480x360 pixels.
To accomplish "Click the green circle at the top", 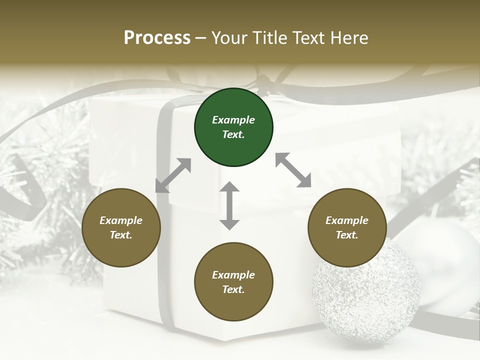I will (x=233, y=127).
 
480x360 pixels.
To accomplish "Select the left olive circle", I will (x=121, y=228).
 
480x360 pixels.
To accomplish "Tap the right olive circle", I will (x=347, y=228).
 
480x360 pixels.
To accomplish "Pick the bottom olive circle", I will (x=233, y=282).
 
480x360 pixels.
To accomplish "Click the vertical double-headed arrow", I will (x=229, y=205).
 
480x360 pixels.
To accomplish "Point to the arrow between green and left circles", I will (x=173, y=175).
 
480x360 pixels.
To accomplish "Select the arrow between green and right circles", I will (x=293, y=170).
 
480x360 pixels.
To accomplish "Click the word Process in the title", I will (x=157, y=38).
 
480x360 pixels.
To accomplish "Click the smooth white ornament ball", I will (x=445, y=250).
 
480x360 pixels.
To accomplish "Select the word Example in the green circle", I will (x=233, y=120).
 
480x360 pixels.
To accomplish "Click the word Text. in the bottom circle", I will (x=233, y=289).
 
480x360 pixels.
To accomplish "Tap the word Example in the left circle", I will (x=121, y=220).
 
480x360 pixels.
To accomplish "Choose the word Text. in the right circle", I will (x=347, y=235).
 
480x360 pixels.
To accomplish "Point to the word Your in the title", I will (x=229, y=38).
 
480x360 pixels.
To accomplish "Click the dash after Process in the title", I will (x=201, y=38).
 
